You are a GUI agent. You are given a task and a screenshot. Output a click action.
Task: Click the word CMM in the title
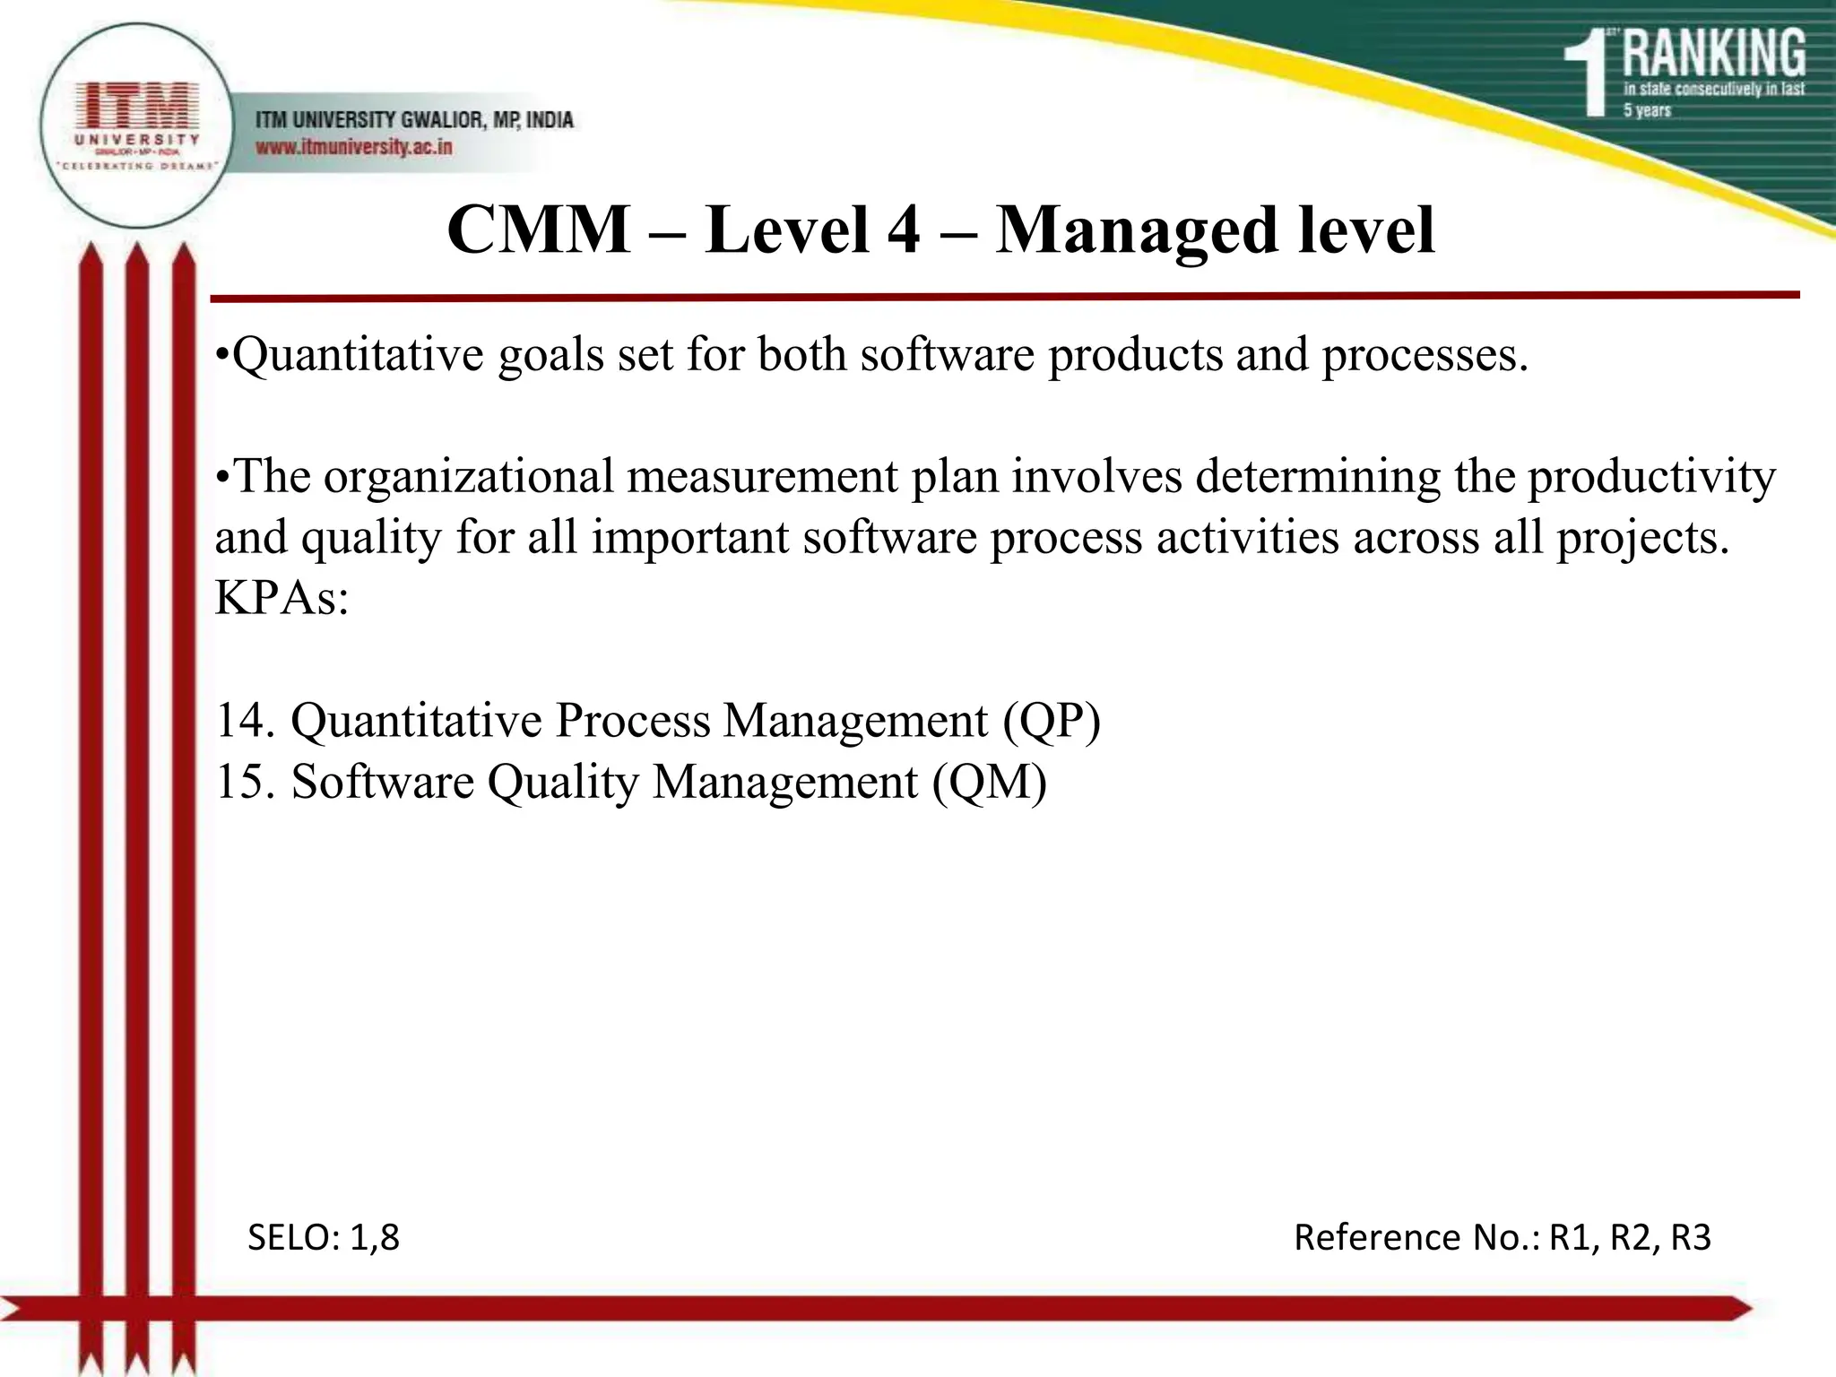click(538, 230)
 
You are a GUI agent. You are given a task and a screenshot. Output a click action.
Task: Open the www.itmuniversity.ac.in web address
click(354, 147)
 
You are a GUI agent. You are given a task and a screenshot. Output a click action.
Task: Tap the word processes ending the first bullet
click(1423, 356)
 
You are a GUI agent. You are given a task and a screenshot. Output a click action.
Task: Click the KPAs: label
click(281, 598)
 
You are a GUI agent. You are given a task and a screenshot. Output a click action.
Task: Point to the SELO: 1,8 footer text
click(323, 1238)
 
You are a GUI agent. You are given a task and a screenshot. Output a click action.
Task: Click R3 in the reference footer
click(1690, 1238)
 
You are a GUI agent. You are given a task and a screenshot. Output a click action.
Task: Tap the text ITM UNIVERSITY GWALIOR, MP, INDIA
click(414, 119)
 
